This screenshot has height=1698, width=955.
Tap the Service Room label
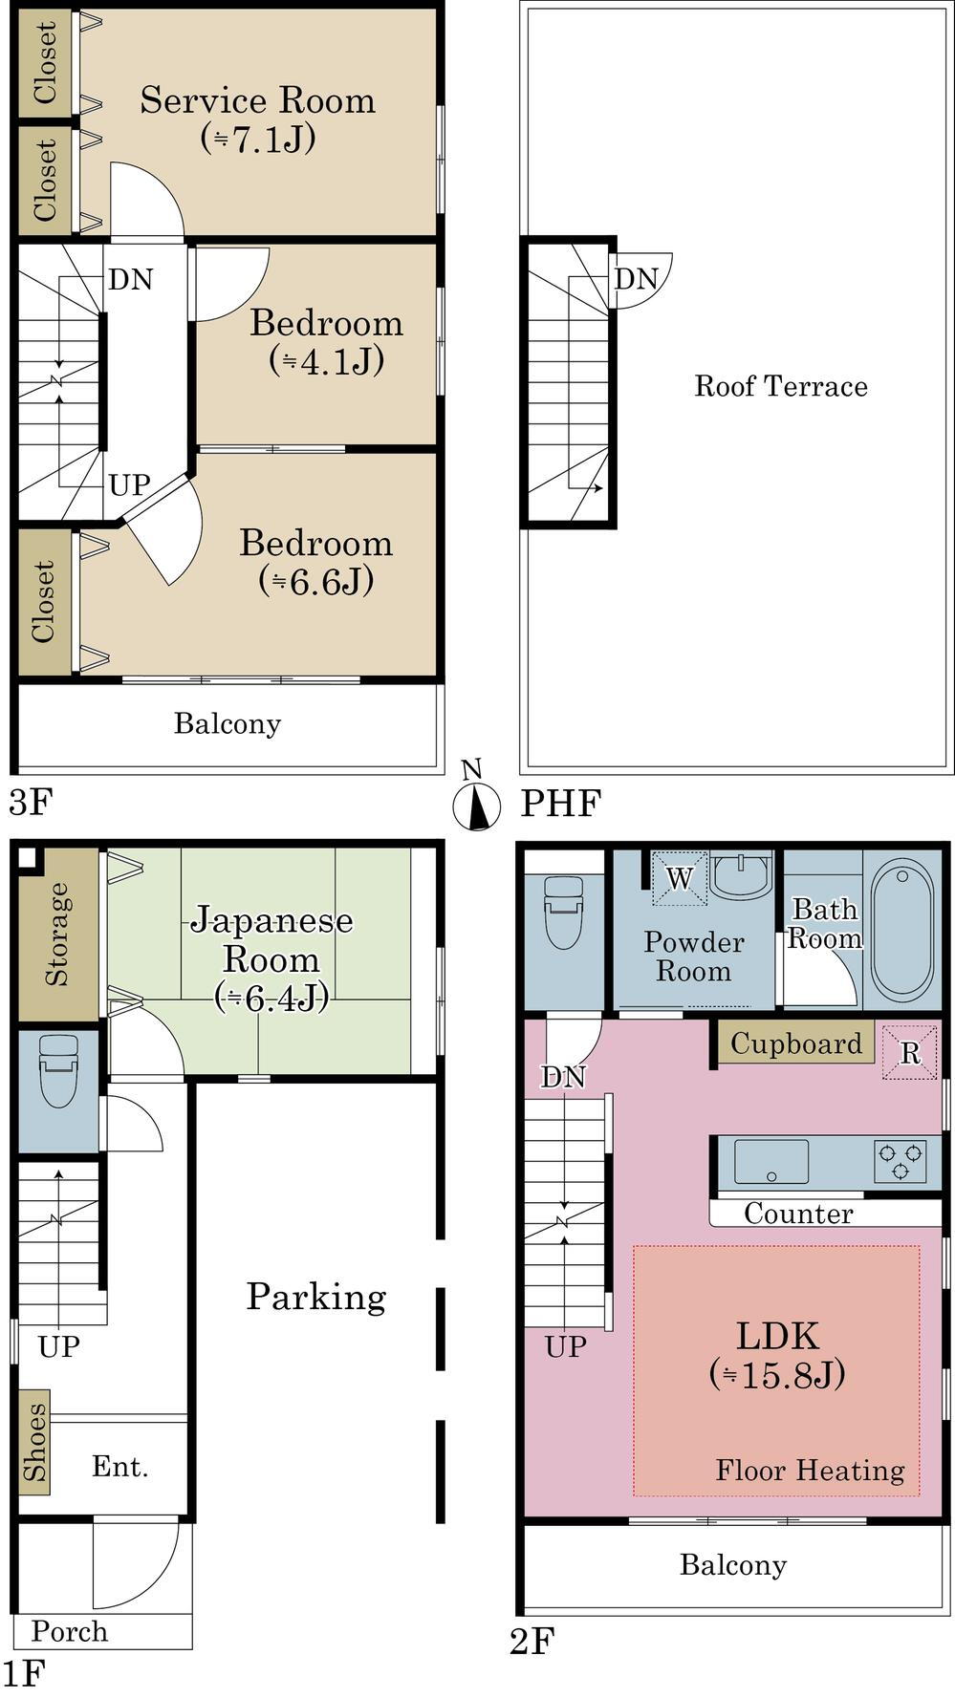[x=257, y=100]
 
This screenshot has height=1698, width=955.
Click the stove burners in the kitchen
[x=900, y=1161]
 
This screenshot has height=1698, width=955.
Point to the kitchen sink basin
[x=771, y=1161]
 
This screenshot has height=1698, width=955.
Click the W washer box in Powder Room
[x=679, y=877]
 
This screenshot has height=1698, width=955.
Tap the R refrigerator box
[x=909, y=1052]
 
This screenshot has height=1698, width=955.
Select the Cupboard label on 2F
[x=796, y=1043]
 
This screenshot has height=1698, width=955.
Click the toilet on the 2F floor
[x=564, y=912]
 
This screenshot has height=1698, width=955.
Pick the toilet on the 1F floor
[x=58, y=1070]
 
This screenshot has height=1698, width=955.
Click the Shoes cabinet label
[x=34, y=1441]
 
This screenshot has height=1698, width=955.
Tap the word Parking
[x=316, y=1297]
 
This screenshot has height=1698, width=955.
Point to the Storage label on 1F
[x=57, y=934]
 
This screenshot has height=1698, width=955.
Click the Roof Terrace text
[x=781, y=386]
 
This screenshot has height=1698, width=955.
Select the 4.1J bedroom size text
[x=326, y=361]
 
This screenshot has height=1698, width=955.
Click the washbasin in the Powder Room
[x=742, y=873]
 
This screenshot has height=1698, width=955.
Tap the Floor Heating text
[x=810, y=1471]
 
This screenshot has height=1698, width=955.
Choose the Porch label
[x=70, y=1631]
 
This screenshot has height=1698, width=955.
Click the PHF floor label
[x=560, y=804]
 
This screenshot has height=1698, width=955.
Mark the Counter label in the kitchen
[x=798, y=1214]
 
